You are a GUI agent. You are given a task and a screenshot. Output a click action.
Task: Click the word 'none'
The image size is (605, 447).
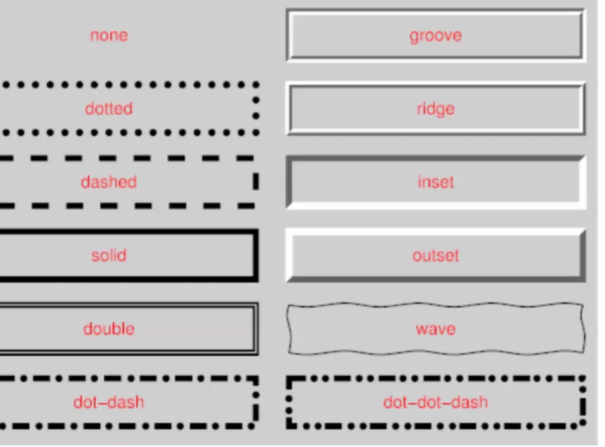109,35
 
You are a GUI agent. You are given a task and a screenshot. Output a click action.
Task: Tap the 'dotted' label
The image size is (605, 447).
109,109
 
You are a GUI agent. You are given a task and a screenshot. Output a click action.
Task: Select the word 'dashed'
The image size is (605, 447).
109,182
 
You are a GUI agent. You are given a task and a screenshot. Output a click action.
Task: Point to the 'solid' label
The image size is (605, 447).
109,255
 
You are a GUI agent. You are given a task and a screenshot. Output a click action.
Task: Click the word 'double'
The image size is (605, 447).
109,329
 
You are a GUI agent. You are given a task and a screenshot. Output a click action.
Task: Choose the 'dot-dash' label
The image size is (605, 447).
109,402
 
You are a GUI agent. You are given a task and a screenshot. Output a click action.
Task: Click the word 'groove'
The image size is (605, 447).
435,35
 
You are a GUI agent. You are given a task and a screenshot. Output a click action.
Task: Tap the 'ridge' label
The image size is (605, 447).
435,109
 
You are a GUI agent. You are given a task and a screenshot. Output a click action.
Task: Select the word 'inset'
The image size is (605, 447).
435,182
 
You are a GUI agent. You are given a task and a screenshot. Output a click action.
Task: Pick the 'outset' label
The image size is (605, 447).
435,255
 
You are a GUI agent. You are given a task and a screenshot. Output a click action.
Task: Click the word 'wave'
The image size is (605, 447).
435,329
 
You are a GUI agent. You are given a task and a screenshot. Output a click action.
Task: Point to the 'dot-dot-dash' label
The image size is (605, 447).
435,402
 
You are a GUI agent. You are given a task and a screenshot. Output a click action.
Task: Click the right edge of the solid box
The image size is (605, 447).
255,255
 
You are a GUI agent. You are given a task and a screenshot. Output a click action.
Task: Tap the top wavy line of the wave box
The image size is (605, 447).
435,306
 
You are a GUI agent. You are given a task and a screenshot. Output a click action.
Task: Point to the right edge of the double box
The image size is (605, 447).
256,329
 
